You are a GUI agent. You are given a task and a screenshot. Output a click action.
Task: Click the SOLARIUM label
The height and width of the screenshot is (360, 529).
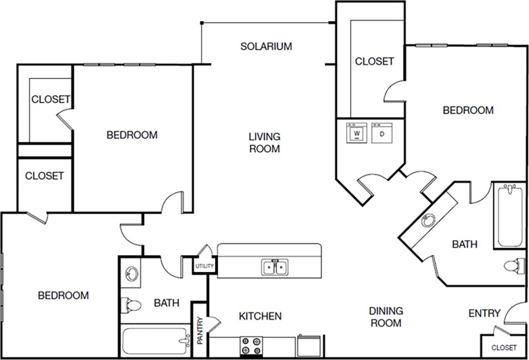266,46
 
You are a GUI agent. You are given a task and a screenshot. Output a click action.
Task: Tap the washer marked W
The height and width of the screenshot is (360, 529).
357,133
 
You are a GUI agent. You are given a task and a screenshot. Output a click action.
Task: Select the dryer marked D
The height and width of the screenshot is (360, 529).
382,133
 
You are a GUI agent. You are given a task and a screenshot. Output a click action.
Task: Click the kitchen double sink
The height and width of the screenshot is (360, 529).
275,267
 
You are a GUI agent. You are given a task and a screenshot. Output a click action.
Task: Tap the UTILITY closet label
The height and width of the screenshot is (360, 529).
204,266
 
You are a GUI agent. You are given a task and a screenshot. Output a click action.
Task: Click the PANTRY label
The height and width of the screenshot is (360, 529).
200,330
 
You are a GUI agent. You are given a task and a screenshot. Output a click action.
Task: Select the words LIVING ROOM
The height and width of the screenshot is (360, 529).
264,142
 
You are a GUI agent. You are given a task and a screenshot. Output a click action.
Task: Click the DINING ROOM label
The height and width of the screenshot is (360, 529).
386,317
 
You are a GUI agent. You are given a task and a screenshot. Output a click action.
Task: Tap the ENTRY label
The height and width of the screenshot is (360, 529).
484,313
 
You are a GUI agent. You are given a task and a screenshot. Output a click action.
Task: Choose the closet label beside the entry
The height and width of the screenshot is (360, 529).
503,347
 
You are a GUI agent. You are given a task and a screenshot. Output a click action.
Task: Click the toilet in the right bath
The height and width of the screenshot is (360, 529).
514,266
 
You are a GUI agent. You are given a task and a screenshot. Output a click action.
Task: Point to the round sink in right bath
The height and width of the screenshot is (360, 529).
428,220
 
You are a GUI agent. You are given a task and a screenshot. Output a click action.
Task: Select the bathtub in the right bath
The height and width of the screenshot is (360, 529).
510,215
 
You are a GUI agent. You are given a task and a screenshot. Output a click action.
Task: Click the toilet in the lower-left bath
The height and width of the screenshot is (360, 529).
131,305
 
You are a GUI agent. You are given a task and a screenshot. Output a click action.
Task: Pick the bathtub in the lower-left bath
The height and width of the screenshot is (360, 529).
155,340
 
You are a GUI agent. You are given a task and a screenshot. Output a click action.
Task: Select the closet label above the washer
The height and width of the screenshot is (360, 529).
374,61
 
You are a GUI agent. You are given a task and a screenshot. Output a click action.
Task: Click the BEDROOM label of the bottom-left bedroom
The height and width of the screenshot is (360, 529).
64,295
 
